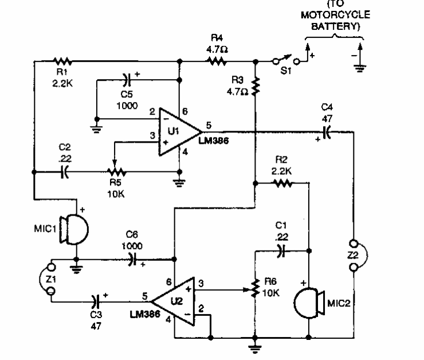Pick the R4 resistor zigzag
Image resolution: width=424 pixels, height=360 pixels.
click(x=218, y=60)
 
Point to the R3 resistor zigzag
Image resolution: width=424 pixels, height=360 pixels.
click(x=255, y=85)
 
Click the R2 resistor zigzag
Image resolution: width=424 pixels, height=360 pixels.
click(x=282, y=183)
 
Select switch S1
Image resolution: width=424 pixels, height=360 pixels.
click(x=285, y=60)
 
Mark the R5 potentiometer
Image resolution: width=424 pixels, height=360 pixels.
click(x=115, y=170)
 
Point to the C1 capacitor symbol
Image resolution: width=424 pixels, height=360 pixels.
click(x=278, y=250)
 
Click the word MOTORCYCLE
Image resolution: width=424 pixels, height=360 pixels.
click(x=335, y=15)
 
